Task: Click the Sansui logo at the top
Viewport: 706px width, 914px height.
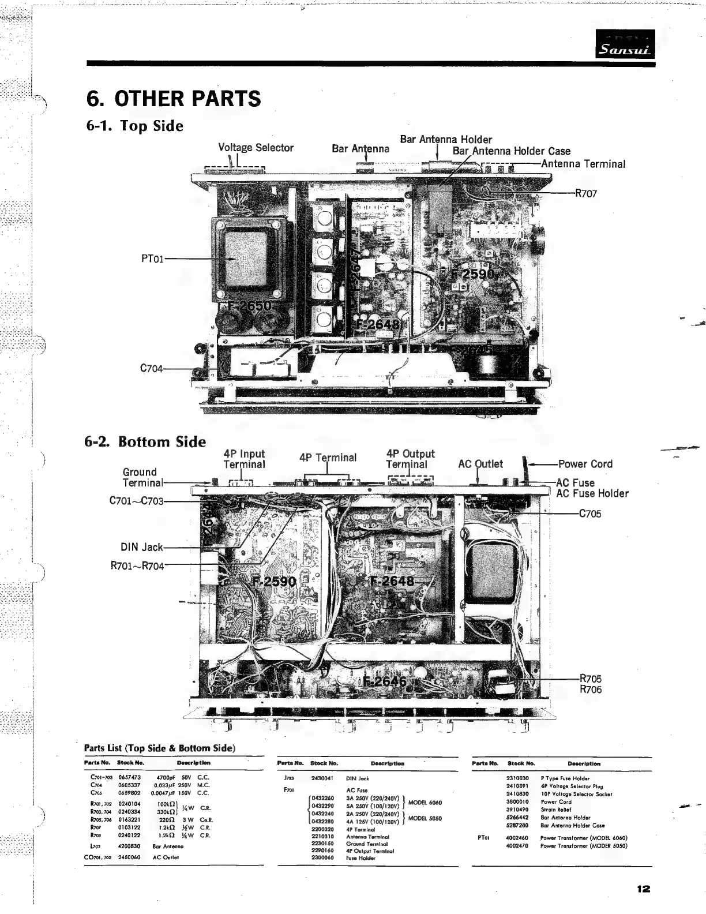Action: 626,44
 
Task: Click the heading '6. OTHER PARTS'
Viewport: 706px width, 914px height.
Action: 173,99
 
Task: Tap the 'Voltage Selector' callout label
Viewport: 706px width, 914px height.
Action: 256,148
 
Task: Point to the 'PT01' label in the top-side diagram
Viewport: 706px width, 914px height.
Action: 152,259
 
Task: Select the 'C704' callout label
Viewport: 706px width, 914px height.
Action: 152,368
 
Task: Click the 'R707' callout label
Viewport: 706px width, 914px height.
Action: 585,194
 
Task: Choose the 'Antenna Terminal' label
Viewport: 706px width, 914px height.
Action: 583,164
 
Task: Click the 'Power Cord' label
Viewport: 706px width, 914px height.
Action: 585,464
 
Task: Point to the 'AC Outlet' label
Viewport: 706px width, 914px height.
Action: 480,464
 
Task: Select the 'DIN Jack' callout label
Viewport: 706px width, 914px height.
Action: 141,547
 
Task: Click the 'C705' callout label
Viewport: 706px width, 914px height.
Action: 589,514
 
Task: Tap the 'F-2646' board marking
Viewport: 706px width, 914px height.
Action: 385,682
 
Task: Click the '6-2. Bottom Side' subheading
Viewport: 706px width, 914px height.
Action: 145,442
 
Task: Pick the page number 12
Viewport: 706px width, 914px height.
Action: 644,889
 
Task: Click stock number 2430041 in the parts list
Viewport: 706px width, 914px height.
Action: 322,778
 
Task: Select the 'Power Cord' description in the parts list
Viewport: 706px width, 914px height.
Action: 556,801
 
